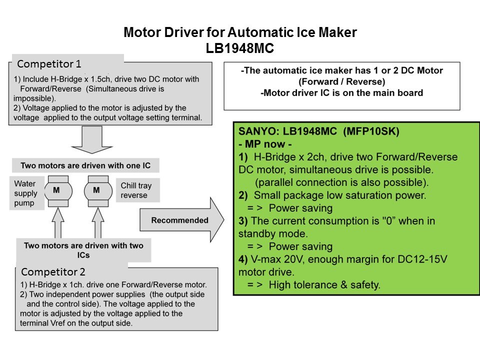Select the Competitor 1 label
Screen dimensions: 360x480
click(x=49, y=63)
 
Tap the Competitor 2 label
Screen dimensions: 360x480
click(x=53, y=272)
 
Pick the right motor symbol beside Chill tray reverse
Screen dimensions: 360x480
click(x=96, y=190)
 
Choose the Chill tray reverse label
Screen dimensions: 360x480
click(x=136, y=190)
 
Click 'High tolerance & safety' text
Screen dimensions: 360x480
click(x=324, y=285)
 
